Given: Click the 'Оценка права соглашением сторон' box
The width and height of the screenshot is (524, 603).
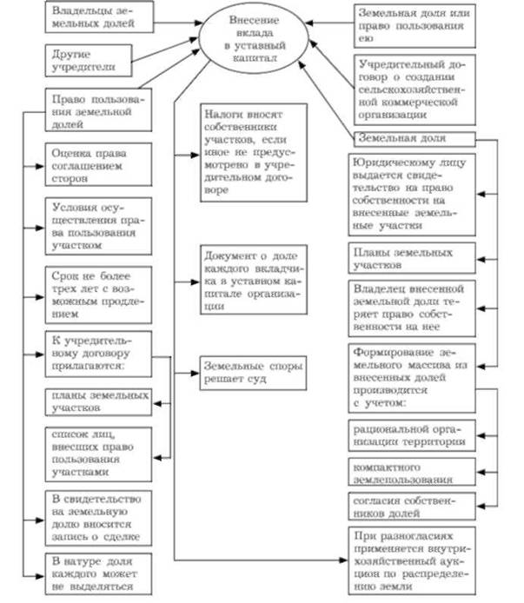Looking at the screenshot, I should click(87, 162).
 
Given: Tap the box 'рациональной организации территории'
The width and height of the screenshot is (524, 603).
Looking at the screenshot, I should click(411, 434).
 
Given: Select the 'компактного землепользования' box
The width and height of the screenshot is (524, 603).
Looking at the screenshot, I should click(411, 472).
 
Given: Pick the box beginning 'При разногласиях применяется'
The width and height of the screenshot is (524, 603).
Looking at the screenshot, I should click(411, 558).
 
